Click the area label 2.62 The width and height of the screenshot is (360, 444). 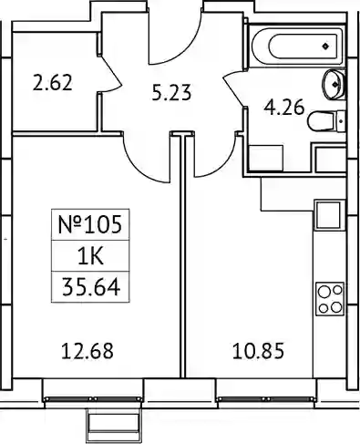[53, 83]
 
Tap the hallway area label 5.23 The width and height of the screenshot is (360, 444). [171, 93]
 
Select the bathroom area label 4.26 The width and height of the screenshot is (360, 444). [284, 108]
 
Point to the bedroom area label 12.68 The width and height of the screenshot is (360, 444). [87, 351]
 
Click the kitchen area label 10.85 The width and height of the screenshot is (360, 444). [258, 351]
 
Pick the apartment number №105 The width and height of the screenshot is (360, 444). [90, 224]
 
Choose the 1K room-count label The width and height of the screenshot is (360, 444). [90, 256]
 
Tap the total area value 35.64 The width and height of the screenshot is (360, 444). [91, 287]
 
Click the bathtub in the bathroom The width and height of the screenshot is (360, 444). [298, 46]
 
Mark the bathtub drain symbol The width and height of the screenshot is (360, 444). [325, 46]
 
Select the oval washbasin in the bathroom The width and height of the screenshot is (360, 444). [333, 84]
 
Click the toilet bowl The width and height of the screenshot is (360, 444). [320, 121]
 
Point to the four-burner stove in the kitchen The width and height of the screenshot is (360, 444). [330, 299]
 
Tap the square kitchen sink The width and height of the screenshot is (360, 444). [328, 215]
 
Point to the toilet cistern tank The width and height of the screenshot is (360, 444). [340, 121]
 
